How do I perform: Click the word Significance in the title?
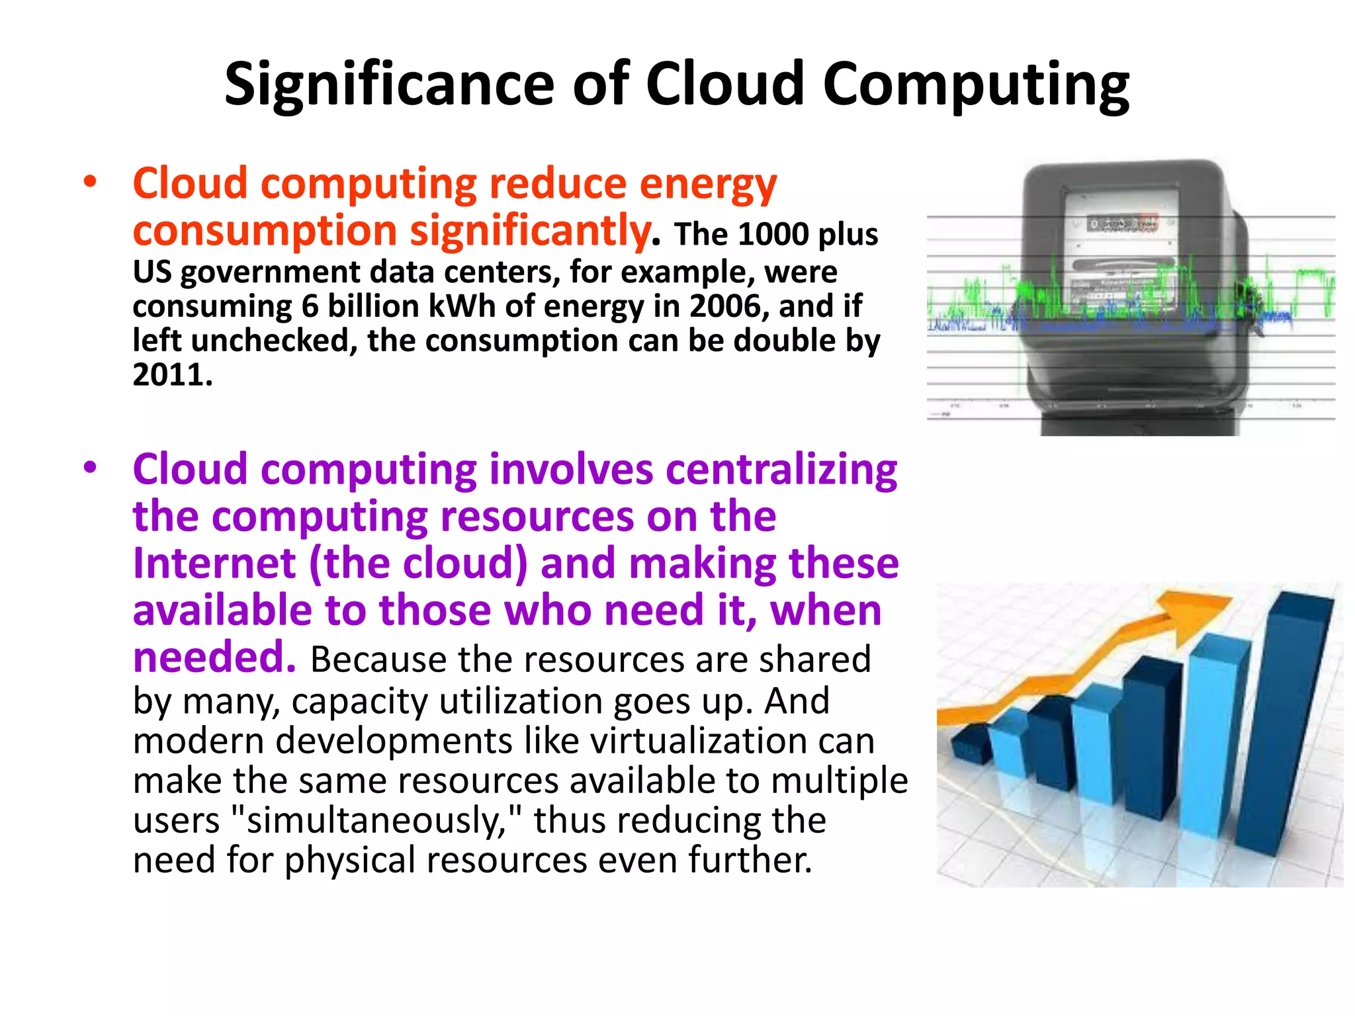click(389, 85)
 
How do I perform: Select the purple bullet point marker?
click(90, 468)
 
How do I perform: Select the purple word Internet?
click(214, 564)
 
